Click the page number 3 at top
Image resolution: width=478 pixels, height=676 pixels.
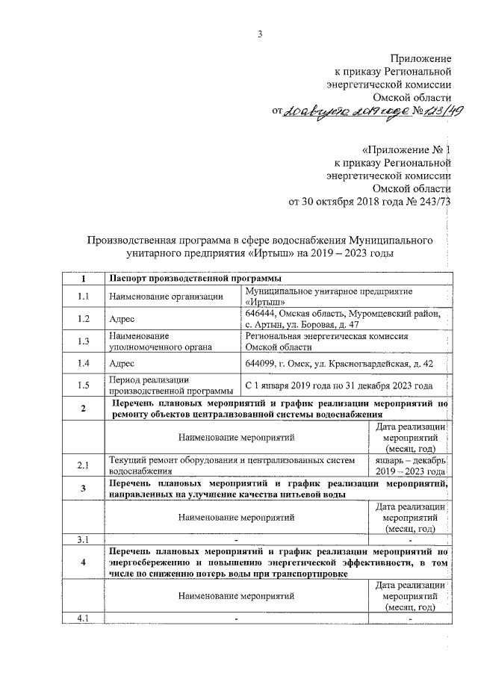259,33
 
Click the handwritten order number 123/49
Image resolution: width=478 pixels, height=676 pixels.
441,111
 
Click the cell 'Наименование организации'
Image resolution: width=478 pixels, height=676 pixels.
167,297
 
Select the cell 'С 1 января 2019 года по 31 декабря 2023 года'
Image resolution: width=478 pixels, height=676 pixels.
338,385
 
